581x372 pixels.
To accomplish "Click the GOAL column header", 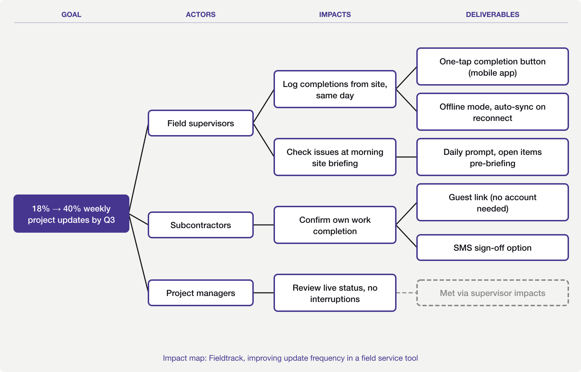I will coord(71,14).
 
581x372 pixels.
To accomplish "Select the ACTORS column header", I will coord(200,14).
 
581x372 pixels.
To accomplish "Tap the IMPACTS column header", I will coord(335,14).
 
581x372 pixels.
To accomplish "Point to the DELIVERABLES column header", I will coord(492,14).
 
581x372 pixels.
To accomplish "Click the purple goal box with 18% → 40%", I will coord(71,214).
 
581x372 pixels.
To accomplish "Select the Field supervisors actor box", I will coord(200,123).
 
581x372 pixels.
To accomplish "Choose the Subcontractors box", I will coord(200,225).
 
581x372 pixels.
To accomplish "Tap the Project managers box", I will coord(200,293).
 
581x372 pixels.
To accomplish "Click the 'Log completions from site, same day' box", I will coord(335,89).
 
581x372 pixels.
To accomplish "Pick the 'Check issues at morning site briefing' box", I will coord(335,157).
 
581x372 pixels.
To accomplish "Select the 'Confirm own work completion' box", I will coord(335,225).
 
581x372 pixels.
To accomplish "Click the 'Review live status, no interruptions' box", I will coord(335,293).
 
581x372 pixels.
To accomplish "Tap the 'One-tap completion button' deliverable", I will coord(492,66).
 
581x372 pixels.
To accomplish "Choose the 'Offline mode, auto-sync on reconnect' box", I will coord(492,112).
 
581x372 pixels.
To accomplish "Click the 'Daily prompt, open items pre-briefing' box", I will coord(492,157).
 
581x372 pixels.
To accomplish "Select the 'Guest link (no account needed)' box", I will coord(492,202).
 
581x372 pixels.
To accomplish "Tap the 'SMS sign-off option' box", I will coord(492,248).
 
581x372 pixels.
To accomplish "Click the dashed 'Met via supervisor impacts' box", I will coord(492,293).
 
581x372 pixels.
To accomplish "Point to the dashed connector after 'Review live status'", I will coord(406,293).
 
